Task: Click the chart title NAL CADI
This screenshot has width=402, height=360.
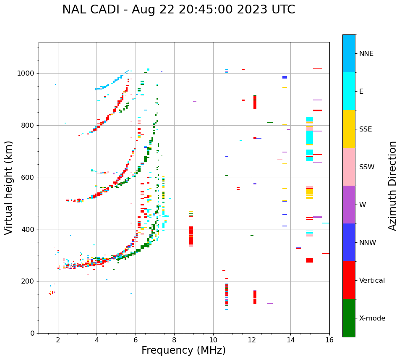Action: click(178, 10)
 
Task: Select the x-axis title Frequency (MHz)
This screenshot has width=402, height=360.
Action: click(183, 350)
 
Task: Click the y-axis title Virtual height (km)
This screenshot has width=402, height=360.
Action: click(9, 187)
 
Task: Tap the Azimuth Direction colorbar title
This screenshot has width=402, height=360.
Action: click(392, 185)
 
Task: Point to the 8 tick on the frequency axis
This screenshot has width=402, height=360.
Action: click(174, 339)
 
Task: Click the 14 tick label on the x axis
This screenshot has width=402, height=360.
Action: click(291, 339)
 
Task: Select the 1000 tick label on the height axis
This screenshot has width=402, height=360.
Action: click(26, 73)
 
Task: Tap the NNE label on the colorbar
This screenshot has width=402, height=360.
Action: click(366, 54)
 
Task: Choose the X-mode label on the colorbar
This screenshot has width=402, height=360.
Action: click(372, 318)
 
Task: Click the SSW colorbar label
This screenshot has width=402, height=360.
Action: click(367, 167)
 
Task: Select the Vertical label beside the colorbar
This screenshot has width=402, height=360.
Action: click(372, 281)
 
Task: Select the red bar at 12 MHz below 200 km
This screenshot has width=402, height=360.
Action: click(255, 297)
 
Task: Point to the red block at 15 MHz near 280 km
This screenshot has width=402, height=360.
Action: click(310, 260)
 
